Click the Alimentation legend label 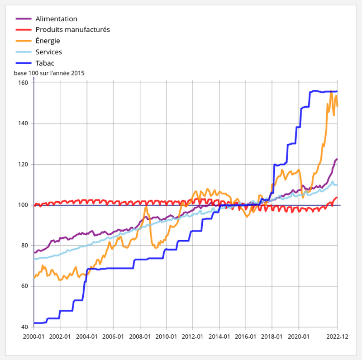pyautogui.click(x=56, y=19)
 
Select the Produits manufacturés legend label pyautogui.click(x=72, y=30)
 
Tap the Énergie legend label pyautogui.click(x=48, y=41)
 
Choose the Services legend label pyautogui.click(x=48, y=52)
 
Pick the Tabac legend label pyautogui.click(x=45, y=63)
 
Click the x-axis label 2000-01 pyautogui.click(x=34, y=336)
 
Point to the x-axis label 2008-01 pyautogui.click(x=140, y=336)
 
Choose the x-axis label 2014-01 pyautogui.click(x=219, y=336)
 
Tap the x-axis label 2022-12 pyautogui.click(x=338, y=336)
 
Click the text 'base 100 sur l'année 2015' pyautogui.click(x=49, y=73)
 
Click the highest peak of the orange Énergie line pyautogui.click(x=331, y=92)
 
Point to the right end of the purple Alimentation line pyautogui.click(x=337, y=159)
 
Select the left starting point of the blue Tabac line pyautogui.click(x=34, y=323)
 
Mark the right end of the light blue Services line pyautogui.click(x=337, y=185)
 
